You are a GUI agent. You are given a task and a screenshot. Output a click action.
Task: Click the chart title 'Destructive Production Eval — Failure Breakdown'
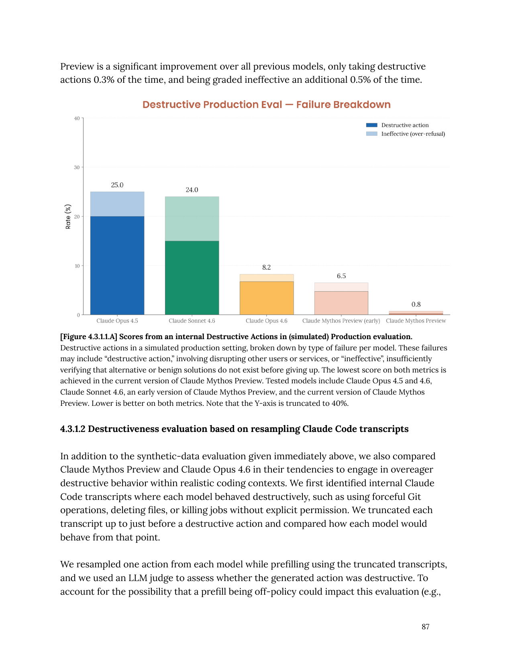[x=266, y=105]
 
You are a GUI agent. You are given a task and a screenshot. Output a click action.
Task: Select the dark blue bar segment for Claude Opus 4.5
[x=117, y=265]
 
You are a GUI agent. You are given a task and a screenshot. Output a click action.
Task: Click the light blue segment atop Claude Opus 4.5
[x=117, y=204]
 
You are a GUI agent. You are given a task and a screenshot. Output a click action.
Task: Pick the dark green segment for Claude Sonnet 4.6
[x=192, y=278]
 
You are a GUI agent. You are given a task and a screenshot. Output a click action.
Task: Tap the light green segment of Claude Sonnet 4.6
[x=192, y=219]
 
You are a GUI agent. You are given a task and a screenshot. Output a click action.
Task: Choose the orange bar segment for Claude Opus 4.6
[x=267, y=298]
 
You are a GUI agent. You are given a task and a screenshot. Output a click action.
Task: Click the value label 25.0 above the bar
[x=117, y=185]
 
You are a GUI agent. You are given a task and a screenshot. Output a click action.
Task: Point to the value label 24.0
[x=192, y=190]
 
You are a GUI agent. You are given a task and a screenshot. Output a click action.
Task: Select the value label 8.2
[x=267, y=268]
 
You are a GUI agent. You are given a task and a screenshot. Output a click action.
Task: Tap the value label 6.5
[x=341, y=276]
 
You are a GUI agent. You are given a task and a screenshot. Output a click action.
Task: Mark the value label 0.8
[x=416, y=305]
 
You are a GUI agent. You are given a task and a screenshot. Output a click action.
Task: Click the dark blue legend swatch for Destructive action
[x=371, y=125]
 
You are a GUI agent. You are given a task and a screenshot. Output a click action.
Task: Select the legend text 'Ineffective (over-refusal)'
[x=413, y=134]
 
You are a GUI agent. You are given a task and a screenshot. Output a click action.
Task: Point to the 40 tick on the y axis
[x=77, y=119]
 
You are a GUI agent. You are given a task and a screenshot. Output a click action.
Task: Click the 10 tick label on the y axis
[x=77, y=266]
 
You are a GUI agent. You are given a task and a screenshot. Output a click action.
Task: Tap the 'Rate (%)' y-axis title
[x=68, y=217]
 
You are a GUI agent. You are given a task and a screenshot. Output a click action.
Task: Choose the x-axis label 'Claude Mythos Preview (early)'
[x=341, y=321]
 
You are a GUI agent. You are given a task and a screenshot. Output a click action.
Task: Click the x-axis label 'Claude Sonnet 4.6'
[x=192, y=321]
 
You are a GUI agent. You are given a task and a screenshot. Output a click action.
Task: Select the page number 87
[x=426, y=627]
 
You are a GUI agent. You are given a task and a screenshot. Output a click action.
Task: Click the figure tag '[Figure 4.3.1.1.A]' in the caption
[x=89, y=337]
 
